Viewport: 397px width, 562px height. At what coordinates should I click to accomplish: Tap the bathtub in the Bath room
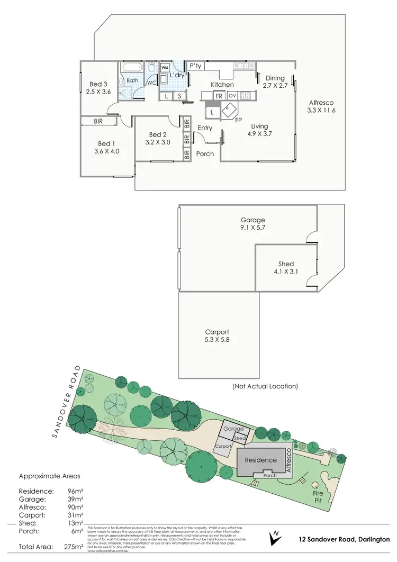coord(130,68)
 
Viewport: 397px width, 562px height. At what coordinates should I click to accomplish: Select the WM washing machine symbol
coord(164,68)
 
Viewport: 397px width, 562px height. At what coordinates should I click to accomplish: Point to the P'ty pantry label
coord(196,66)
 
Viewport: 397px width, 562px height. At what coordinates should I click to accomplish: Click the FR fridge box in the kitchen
coord(219,96)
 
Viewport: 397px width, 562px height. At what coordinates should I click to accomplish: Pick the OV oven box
coord(232,96)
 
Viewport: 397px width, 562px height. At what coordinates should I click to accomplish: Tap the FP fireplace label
coord(239,120)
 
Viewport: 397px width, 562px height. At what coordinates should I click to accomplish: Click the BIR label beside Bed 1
coord(98,121)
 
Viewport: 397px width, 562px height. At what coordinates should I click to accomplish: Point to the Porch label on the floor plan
coord(205,154)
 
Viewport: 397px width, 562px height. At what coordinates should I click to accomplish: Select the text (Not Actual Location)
coord(265,386)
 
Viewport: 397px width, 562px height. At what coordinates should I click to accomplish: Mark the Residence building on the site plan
coord(260,460)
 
